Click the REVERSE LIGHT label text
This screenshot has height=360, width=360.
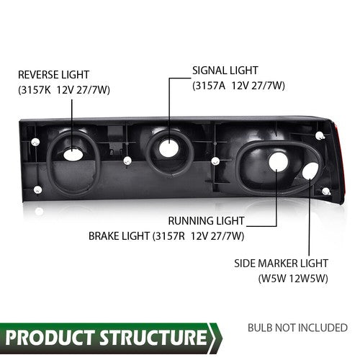coord(53,75)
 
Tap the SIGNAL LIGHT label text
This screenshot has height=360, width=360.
coord(225,71)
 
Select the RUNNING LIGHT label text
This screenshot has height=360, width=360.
coord(206,221)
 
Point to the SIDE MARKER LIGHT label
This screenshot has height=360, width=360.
coord(281,264)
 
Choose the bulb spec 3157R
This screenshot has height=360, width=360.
coord(170,236)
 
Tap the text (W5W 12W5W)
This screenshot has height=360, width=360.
coord(293,279)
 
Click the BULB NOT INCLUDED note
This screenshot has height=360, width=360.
coord(297,328)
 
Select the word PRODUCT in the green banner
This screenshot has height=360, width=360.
coord(50,338)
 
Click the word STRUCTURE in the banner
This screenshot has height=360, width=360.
coord(153,338)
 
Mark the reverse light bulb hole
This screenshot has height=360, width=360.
coord(73,155)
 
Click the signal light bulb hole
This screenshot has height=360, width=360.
coord(168,147)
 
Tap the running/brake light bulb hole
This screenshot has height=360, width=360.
coord(278,161)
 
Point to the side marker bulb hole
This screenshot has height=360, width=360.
coord(310,171)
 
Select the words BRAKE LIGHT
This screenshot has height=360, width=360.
coord(119,236)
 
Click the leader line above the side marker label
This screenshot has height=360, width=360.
coord(310,217)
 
